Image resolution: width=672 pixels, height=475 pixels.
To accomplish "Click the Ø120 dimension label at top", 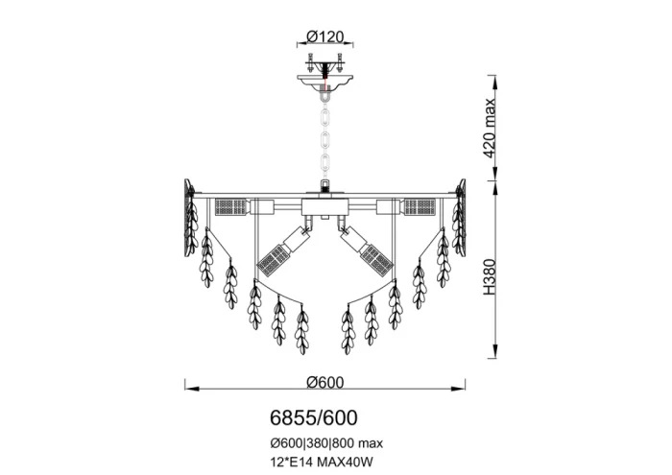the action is [325, 36].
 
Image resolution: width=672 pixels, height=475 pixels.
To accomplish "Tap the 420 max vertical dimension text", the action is [489, 129].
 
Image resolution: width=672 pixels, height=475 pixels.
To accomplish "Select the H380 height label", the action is [489, 276].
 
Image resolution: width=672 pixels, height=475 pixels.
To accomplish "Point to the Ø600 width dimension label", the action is [325, 382].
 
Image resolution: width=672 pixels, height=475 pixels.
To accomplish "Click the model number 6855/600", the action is [314, 417].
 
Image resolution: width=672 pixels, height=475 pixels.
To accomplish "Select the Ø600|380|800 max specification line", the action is [326, 443].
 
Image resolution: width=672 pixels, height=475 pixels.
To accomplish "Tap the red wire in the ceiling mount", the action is [325, 81].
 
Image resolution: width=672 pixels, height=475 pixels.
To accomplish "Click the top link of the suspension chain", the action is [325, 117].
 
